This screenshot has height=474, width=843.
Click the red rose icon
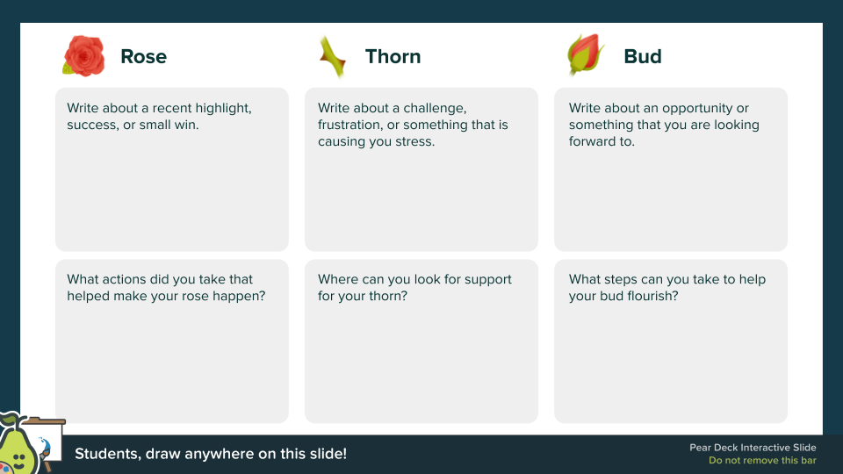84,56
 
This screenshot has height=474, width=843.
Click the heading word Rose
143,56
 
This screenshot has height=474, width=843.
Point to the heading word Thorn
393,56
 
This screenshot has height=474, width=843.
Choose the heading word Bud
643,56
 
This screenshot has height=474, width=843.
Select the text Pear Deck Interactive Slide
753,448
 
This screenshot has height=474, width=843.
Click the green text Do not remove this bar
762,461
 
